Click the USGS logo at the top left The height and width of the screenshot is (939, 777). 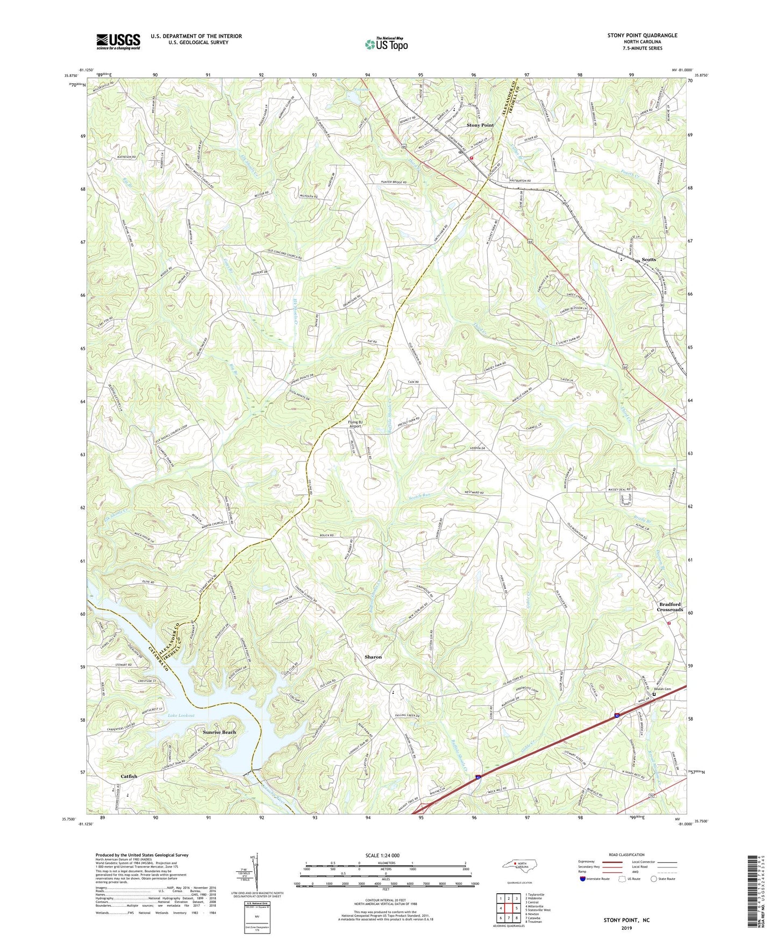pyautogui.click(x=118, y=41)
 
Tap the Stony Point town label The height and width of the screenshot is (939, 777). pyautogui.click(x=480, y=125)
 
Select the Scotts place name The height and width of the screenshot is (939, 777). pyautogui.click(x=648, y=260)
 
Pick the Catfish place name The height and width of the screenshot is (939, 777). pyautogui.click(x=129, y=777)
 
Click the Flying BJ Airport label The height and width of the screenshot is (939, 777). pyautogui.click(x=355, y=424)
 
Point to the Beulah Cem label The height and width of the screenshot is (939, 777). pyautogui.click(x=662, y=689)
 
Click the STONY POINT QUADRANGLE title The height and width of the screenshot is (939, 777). pyautogui.click(x=642, y=35)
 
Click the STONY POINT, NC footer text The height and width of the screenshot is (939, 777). pyautogui.click(x=626, y=920)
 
